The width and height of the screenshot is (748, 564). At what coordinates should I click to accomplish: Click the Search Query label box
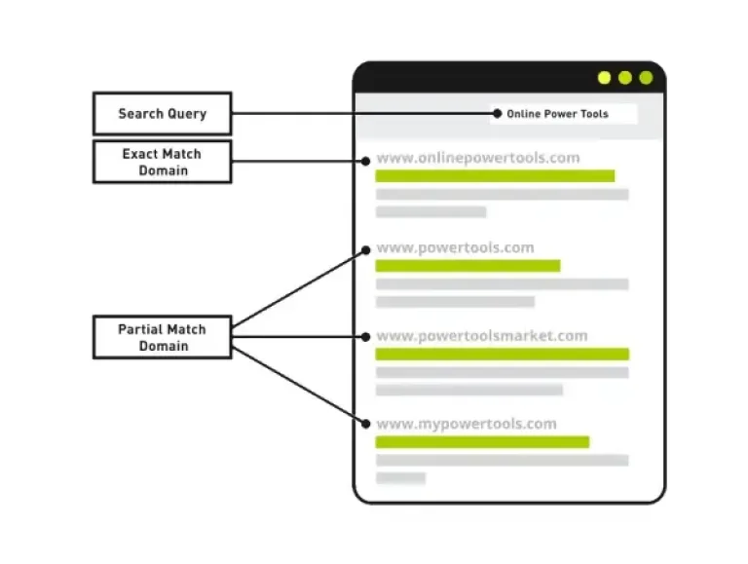click(163, 114)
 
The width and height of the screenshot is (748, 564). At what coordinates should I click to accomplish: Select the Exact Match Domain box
click(163, 162)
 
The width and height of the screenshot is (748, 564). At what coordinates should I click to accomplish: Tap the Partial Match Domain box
click(163, 337)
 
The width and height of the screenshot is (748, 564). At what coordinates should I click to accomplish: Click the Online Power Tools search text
click(557, 114)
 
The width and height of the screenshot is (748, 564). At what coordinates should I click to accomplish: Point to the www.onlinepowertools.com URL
click(478, 158)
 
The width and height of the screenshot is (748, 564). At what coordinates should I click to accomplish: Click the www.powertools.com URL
click(455, 247)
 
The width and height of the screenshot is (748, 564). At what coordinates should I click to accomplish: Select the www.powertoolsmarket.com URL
click(482, 336)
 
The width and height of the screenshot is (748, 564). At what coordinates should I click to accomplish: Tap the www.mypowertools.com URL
click(467, 424)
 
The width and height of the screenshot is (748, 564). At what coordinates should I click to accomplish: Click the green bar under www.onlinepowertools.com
click(495, 176)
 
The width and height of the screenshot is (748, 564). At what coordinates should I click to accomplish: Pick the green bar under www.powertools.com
click(467, 266)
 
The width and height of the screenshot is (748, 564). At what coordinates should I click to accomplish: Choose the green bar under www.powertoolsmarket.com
click(503, 354)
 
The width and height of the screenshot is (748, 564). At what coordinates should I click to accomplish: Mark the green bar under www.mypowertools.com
click(482, 442)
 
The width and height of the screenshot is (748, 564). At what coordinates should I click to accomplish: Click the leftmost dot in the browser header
click(605, 78)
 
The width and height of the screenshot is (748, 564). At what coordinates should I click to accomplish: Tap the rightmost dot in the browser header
click(647, 78)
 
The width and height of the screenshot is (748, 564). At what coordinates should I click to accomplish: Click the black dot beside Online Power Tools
click(498, 114)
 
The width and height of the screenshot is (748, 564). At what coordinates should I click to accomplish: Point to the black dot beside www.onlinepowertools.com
click(366, 162)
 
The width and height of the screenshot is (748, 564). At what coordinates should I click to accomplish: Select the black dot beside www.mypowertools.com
click(366, 424)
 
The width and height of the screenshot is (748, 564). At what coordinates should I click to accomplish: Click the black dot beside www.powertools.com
click(366, 250)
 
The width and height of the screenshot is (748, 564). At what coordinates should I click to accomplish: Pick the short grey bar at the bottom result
click(400, 478)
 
